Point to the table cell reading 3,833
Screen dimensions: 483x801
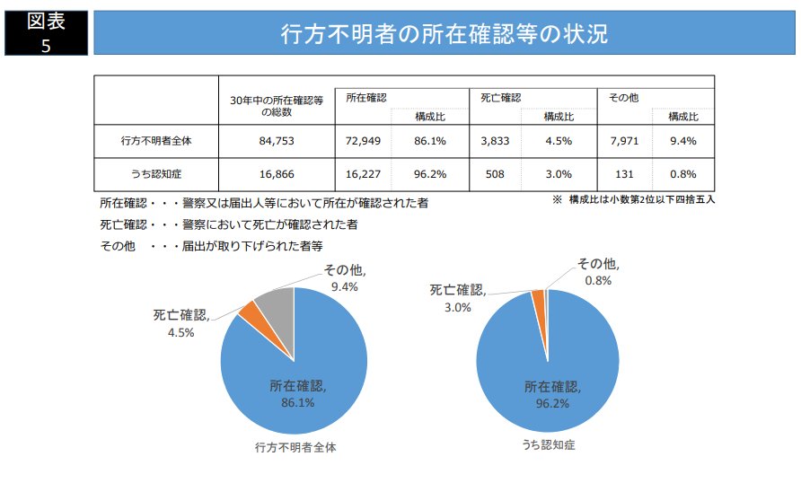click(x=495, y=141)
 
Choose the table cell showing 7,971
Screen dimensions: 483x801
click(x=621, y=141)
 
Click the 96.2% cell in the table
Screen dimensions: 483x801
click(x=430, y=174)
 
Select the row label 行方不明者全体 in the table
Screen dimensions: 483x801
click(x=156, y=141)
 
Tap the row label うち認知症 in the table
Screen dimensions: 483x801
click(x=156, y=174)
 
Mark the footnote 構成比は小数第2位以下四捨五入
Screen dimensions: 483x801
click(x=633, y=199)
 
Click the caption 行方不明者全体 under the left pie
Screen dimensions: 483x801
click(x=295, y=446)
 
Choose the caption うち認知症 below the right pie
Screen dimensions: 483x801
click(x=547, y=445)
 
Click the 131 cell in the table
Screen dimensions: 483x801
click(x=621, y=174)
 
